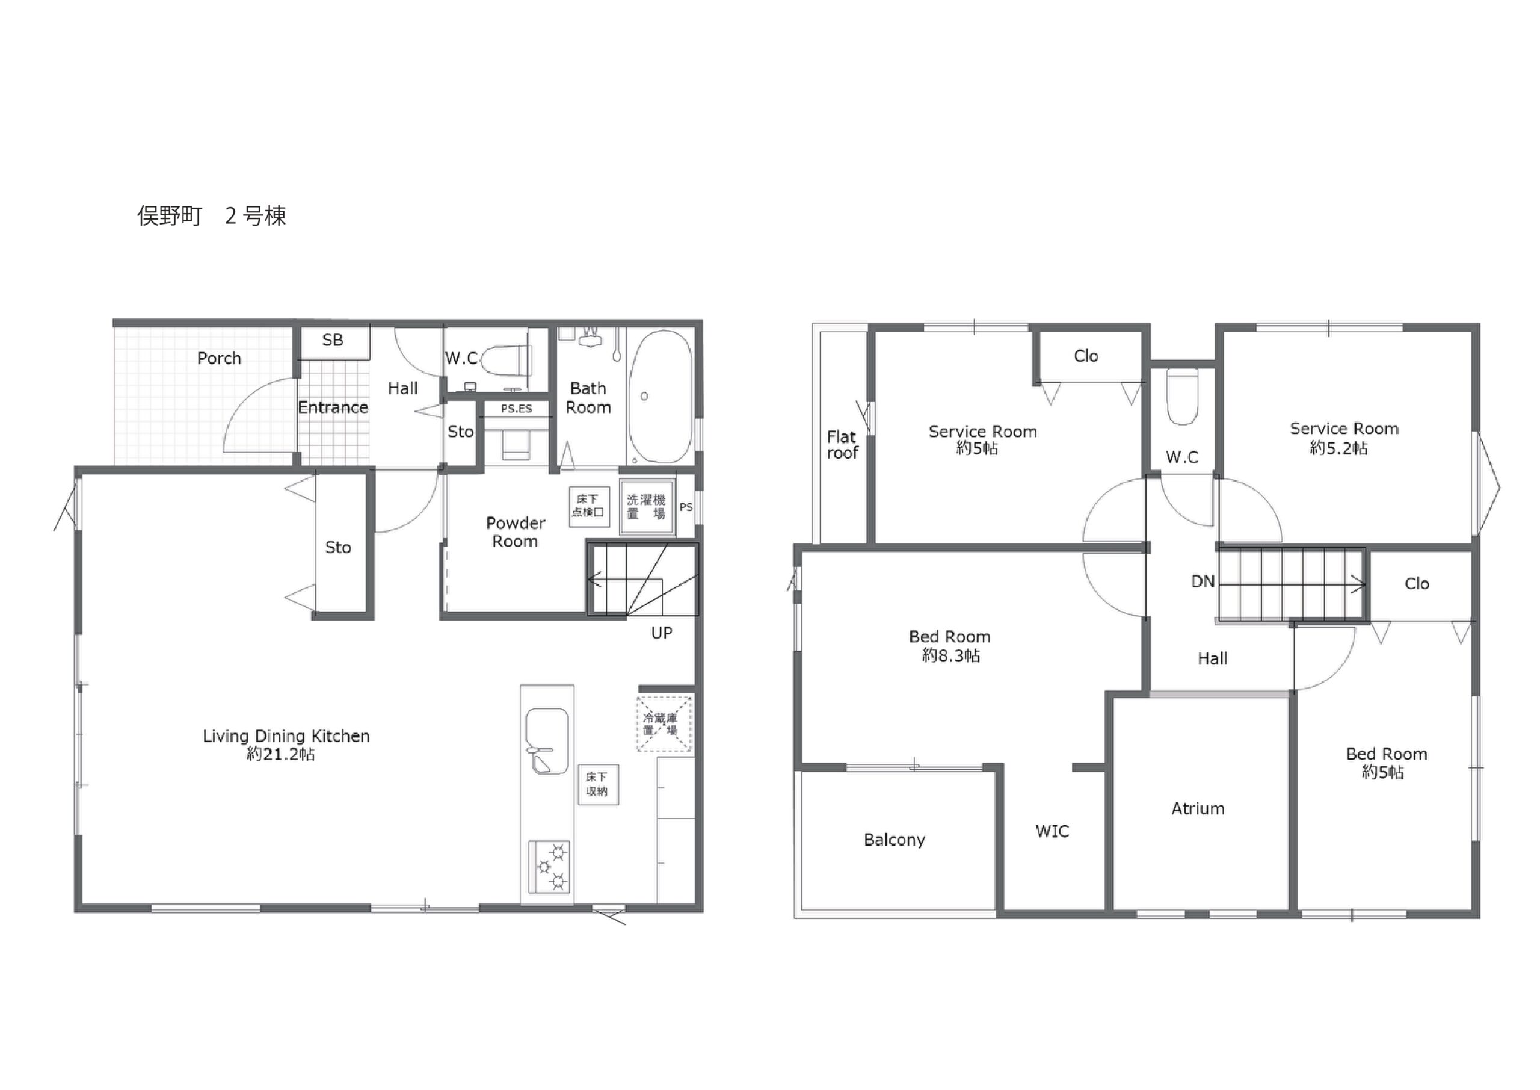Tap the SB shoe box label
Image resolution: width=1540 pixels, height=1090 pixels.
tap(333, 340)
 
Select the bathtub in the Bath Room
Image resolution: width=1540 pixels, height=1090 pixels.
tap(661, 397)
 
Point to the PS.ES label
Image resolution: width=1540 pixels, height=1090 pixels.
tap(517, 408)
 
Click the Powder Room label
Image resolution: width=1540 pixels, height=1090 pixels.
tap(515, 532)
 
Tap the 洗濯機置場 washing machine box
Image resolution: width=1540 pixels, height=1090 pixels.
tap(647, 507)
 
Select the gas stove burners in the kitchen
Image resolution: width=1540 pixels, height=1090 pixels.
tap(549, 867)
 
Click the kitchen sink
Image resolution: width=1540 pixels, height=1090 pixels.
tap(547, 741)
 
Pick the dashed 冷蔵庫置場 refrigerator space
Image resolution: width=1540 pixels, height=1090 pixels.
tap(664, 723)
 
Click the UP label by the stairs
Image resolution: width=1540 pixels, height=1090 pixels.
tap(661, 633)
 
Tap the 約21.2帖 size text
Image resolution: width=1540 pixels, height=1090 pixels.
tap(280, 754)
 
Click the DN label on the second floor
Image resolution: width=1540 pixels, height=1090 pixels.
tap(1203, 582)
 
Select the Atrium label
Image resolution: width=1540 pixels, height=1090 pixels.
tap(1198, 809)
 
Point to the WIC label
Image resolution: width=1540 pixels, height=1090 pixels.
tap(1052, 832)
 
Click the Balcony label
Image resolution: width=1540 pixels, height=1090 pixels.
tap(894, 840)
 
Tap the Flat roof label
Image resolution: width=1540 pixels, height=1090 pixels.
tap(842, 445)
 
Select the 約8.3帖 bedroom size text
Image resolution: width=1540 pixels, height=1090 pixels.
tap(950, 655)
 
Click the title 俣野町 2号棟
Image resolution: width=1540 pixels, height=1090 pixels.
tap(212, 216)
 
